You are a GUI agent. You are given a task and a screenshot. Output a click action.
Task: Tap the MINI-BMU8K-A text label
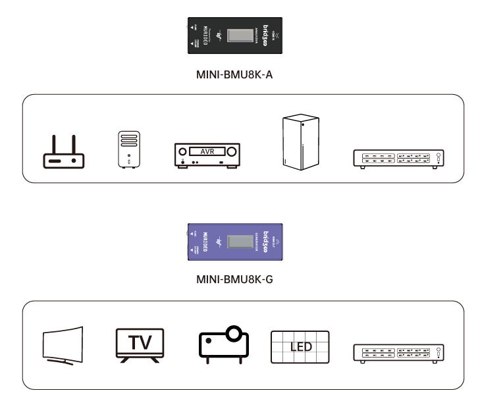coord(234,74)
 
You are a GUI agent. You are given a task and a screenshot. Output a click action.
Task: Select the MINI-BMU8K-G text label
coord(234,279)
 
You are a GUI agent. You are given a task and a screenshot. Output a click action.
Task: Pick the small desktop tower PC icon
coord(130,149)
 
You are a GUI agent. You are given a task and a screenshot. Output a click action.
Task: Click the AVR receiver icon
coord(207,155)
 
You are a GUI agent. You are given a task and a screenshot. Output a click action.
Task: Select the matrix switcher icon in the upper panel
coord(399,159)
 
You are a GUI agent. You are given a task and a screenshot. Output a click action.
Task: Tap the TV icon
coord(139,344)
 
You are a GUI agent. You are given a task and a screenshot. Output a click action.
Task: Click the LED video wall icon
coord(300,346)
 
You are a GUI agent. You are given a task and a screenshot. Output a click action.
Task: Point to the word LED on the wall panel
coord(301,346)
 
